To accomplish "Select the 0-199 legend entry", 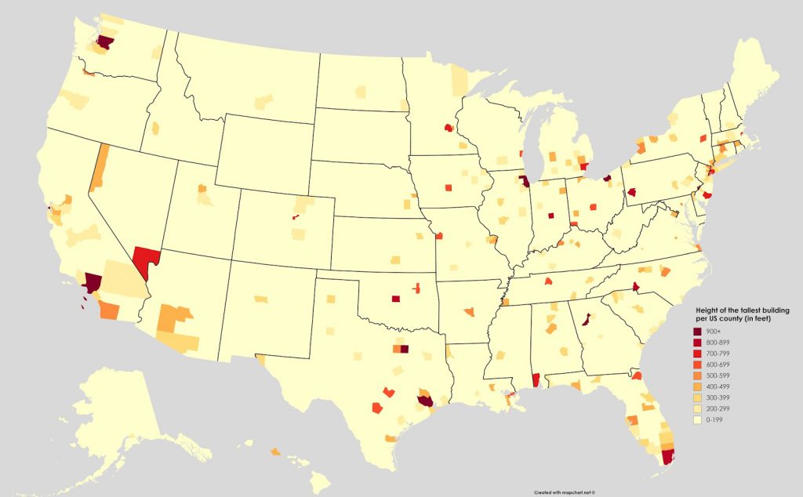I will pos(714,420).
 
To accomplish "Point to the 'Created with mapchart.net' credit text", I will pos(565,492).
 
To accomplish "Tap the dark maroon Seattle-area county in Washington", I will pos(104,41).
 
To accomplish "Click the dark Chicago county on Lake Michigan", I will pos(524,180).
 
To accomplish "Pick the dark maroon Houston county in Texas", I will pos(425,401).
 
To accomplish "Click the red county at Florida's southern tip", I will pos(668,457).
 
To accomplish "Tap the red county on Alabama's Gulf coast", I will pos(536,379).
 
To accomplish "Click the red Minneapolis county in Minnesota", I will pos(449,126).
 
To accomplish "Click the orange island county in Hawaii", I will pos(275,452).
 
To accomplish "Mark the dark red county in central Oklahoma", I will pos(395,298).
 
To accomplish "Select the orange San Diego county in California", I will pos(109,310).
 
